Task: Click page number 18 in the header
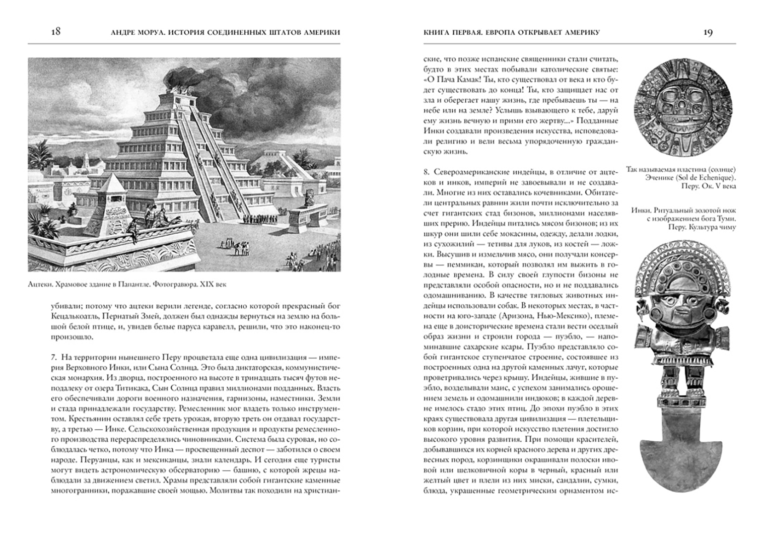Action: (56, 32)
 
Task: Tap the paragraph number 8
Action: (426, 172)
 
